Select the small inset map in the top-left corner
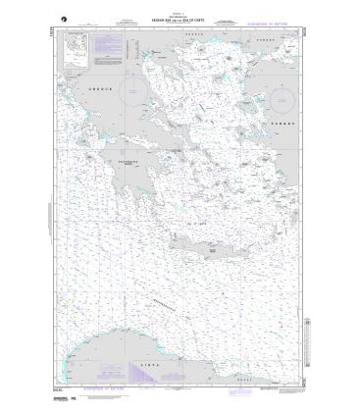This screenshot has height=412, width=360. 73,48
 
